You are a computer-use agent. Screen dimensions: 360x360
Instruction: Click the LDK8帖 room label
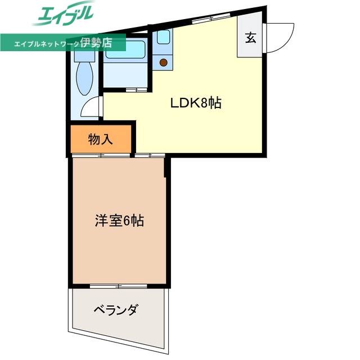(195, 103)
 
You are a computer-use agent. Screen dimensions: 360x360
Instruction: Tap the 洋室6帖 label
(119, 220)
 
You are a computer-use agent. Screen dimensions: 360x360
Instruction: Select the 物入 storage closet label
(101, 139)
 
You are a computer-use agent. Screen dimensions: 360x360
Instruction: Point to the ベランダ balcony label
(116, 310)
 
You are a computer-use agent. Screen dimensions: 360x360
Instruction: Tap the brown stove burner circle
(164, 62)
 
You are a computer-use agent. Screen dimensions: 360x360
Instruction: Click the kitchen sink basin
(164, 38)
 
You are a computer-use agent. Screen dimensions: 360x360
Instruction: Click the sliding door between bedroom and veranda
(119, 286)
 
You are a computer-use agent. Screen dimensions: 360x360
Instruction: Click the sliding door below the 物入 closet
(101, 155)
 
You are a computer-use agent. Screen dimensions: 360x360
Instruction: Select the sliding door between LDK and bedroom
(149, 155)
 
